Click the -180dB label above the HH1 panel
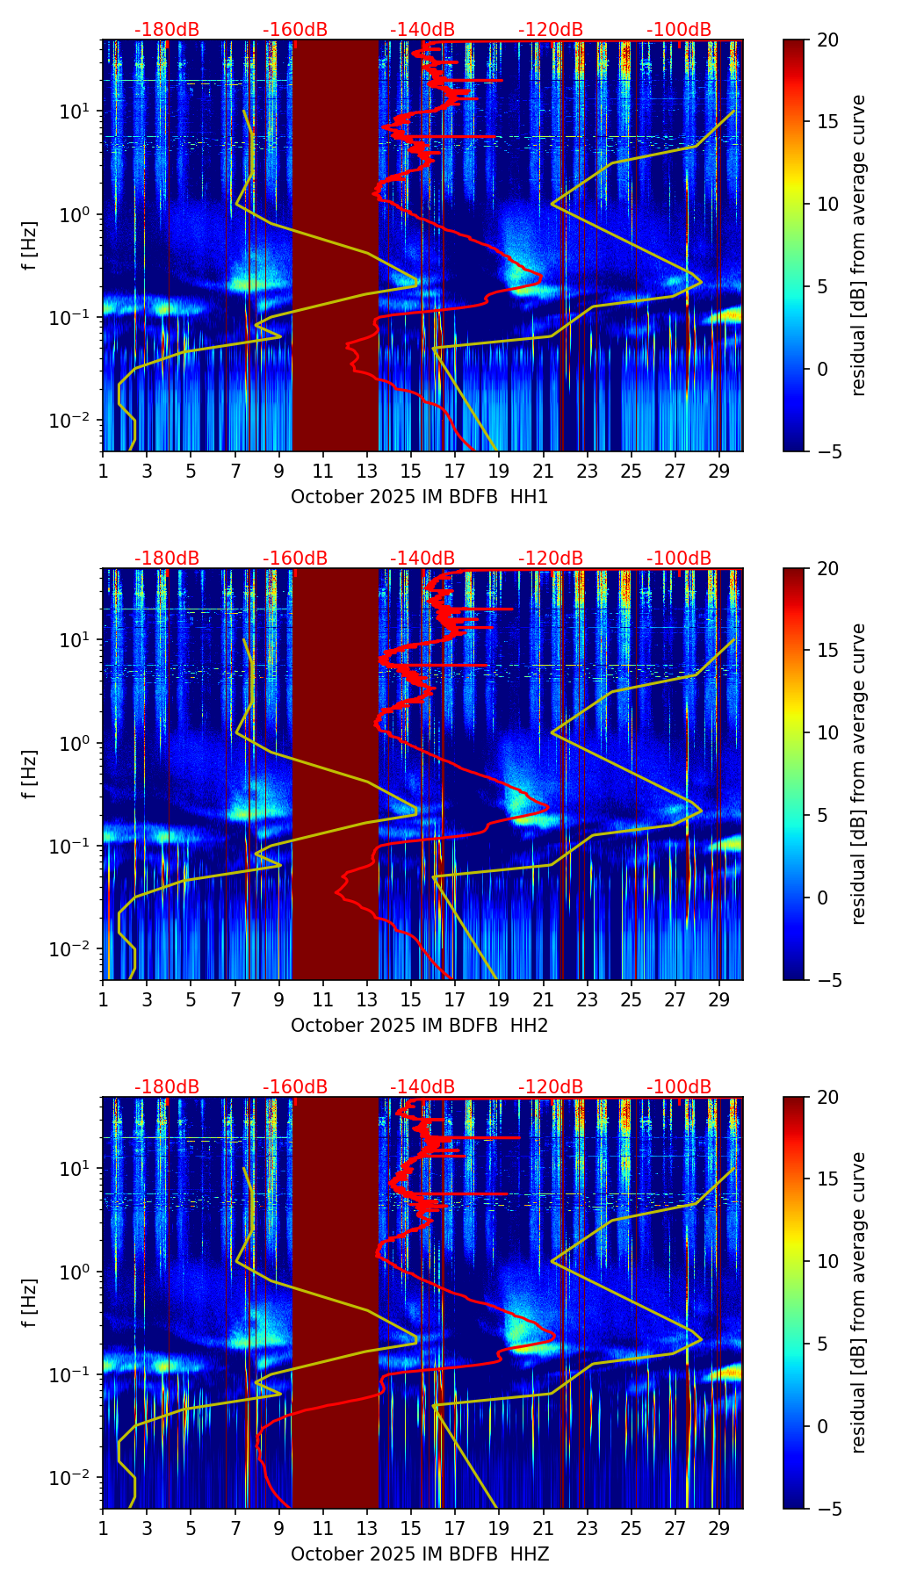point(167,30)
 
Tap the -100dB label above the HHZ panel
point(679,1087)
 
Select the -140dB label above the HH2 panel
point(422,559)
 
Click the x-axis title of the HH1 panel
point(419,497)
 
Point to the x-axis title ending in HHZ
point(419,1554)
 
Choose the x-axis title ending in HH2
point(419,1026)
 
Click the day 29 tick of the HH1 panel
point(719,471)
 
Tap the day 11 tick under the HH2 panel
point(323,999)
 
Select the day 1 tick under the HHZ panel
point(103,1528)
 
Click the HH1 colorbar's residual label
point(859,245)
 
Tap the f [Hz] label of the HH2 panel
point(30,774)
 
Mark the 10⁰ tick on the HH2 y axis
point(82,743)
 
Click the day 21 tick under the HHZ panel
point(543,1528)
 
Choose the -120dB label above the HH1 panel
point(551,30)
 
